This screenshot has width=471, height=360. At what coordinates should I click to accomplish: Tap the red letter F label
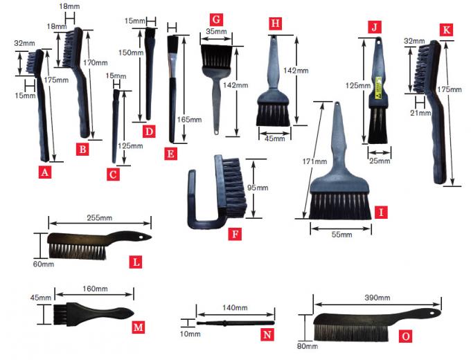(235, 233)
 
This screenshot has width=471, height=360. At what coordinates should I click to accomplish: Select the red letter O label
(407, 336)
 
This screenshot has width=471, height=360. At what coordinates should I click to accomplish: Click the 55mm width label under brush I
(342, 235)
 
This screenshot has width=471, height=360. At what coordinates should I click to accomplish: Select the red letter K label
(445, 30)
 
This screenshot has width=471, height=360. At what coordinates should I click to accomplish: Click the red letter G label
(217, 19)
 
